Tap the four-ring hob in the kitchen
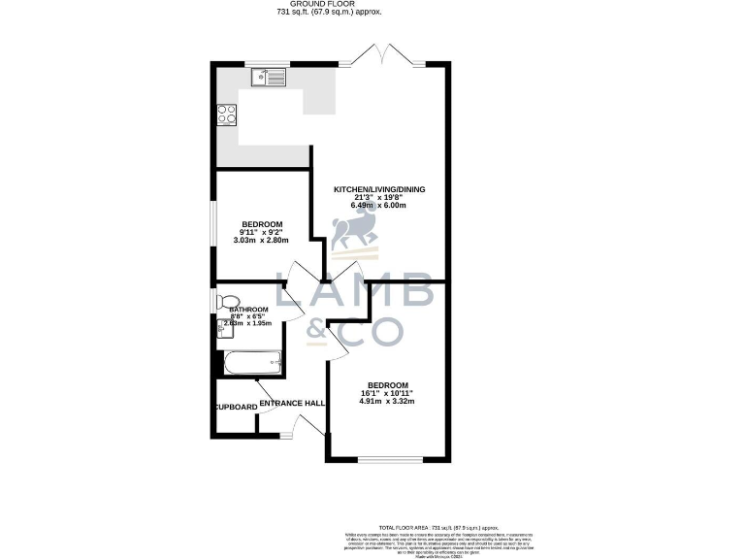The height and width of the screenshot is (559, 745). click(227, 115)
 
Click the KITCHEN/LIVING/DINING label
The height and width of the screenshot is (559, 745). click(379, 189)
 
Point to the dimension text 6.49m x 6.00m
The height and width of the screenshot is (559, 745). click(379, 206)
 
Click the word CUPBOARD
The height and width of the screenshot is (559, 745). click(235, 407)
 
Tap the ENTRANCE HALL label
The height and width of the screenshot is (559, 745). click(292, 402)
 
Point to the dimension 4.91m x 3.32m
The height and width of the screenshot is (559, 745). click(388, 401)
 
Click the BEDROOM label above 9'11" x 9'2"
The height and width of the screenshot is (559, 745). click(262, 224)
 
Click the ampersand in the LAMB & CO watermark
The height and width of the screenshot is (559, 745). click(316, 331)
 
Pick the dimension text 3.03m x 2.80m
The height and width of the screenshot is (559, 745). click(262, 240)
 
